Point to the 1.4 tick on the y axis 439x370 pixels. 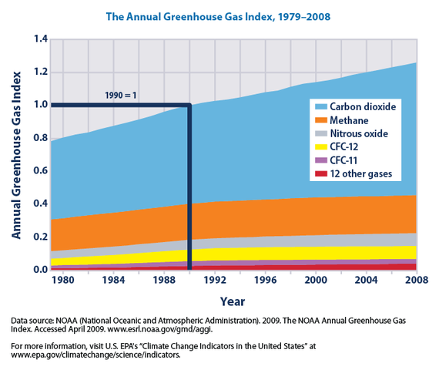click(x=37, y=39)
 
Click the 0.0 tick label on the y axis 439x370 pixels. click(x=37, y=270)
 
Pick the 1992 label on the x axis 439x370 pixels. click(x=215, y=282)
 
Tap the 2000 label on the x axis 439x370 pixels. click(x=316, y=282)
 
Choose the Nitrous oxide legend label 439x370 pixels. click(x=360, y=134)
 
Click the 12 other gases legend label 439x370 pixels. click(x=361, y=174)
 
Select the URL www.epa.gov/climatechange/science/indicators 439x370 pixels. click(x=96, y=356)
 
